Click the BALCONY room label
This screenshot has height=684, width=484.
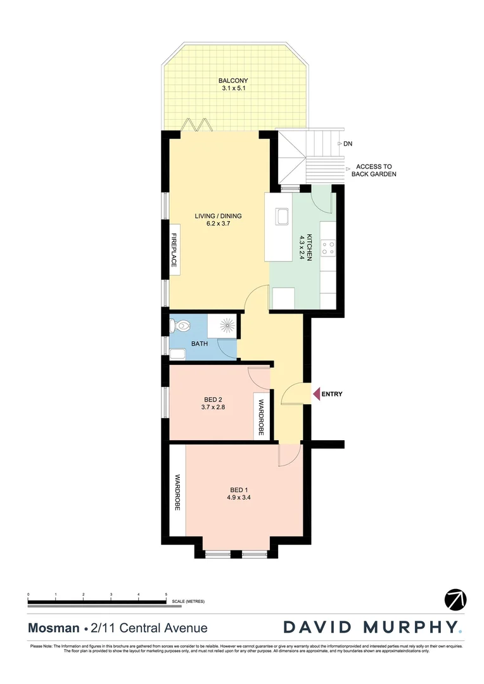pos(232,80)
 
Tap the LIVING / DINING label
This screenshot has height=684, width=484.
pos(218,216)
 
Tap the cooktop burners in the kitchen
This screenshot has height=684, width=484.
pos(328,247)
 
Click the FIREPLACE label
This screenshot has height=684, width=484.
pos(172,250)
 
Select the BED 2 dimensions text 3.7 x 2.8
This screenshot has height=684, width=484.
pos(213,408)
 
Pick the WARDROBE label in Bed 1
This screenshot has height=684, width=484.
pos(177,493)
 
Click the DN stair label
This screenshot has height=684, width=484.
pos(348,144)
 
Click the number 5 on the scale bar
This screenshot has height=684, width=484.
pos(166,594)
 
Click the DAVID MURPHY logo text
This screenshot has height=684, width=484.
pos(371,628)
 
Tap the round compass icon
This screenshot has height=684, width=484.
pos(455,598)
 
